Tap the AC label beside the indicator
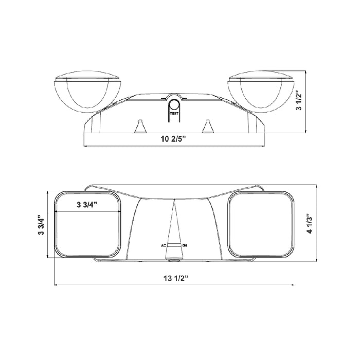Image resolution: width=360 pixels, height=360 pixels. [164, 246]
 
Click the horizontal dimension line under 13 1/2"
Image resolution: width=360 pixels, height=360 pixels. [174, 285]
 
